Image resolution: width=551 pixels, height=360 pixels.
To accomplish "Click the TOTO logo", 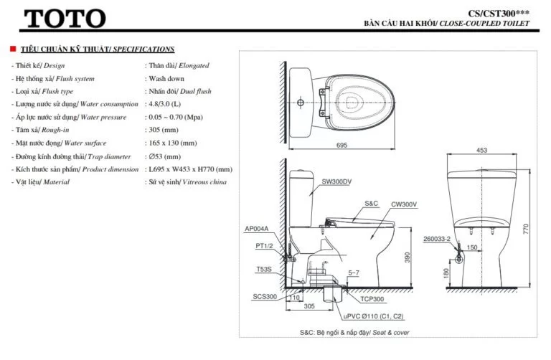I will click(x=65, y=19).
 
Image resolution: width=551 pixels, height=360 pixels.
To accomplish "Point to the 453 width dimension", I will click(x=481, y=150).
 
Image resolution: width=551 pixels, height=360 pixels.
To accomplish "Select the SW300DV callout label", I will click(x=338, y=181).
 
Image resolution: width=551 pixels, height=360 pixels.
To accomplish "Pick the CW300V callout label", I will click(x=404, y=204).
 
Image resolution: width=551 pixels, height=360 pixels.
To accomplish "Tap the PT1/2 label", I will click(x=263, y=245).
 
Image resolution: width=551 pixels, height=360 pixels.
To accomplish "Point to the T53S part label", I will click(x=264, y=270).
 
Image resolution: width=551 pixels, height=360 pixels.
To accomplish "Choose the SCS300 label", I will click(x=264, y=296).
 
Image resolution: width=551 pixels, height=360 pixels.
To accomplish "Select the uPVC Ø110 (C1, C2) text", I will click(x=372, y=316).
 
